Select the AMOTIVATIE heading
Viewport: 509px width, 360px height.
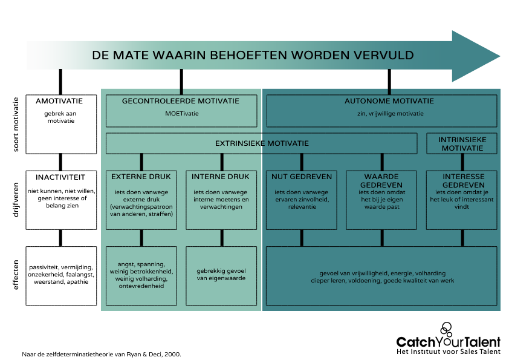point(59,101)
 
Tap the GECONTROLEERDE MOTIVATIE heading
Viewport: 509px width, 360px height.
point(181,101)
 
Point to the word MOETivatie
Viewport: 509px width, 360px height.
point(181,113)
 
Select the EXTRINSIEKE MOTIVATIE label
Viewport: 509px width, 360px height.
point(262,143)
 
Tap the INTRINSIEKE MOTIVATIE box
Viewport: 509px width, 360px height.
point(462,144)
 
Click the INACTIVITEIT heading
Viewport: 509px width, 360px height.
point(60,177)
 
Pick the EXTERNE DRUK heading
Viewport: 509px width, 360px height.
point(141,177)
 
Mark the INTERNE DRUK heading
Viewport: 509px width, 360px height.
point(221,177)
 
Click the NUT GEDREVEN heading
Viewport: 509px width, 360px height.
point(301,177)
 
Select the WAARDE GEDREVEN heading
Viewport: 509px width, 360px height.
point(381,180)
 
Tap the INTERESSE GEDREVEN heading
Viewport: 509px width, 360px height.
point(462,180)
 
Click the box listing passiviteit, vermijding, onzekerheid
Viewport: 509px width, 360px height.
point(61,275)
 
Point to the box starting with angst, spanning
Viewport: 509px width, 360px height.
point(141,275)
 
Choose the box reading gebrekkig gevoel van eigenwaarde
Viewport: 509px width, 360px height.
point(221,275)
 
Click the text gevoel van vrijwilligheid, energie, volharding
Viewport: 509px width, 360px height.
point(381,272)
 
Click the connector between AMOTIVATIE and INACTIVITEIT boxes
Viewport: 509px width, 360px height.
point(60,162)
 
